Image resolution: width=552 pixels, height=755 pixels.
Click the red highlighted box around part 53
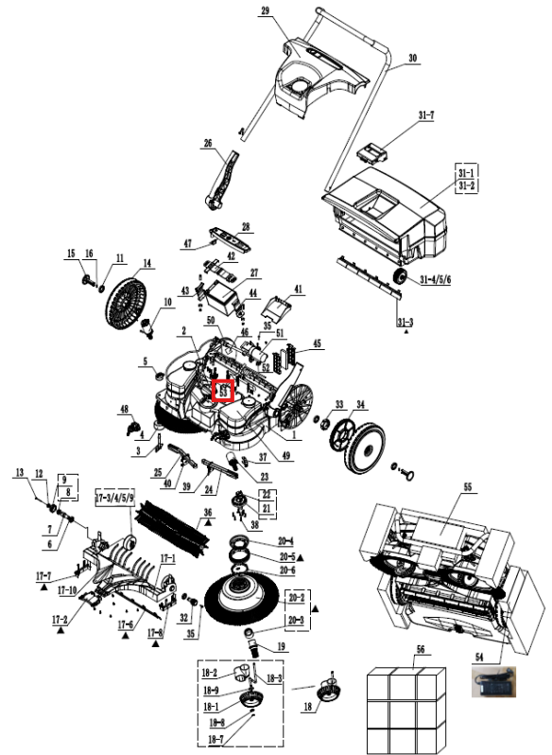point(223,391)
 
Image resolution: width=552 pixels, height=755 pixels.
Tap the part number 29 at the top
point(266,9)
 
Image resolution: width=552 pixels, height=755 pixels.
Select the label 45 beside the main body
point(318,343)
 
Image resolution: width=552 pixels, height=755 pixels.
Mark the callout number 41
point(298,289)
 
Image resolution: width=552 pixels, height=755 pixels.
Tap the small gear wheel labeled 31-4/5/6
point(398,276)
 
